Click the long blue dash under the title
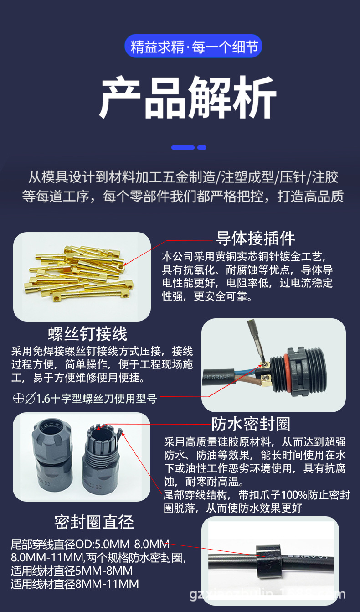(183, 148)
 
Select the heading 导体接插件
(255, 238)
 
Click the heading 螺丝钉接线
(87, 334)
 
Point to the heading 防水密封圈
(251, 424)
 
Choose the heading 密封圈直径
(94, 522)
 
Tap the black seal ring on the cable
(269, 556)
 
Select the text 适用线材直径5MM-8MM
(72, 571)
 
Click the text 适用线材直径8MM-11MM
(74, 584)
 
